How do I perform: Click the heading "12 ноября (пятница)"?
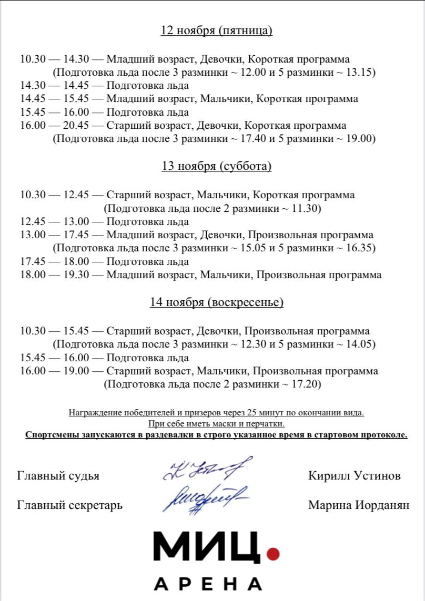point(216,30)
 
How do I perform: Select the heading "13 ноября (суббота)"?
point(216,166)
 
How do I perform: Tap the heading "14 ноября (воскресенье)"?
point(216,302)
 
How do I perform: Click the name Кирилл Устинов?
point(355,476)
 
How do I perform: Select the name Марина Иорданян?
point(358,505)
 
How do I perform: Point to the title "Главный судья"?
point(58,476)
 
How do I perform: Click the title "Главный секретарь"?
point(69,505)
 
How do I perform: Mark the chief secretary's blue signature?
point(205,497)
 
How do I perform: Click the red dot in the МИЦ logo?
point(272,553)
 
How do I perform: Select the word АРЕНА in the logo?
point(208,584)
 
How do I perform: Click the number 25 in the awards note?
point(234,413)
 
